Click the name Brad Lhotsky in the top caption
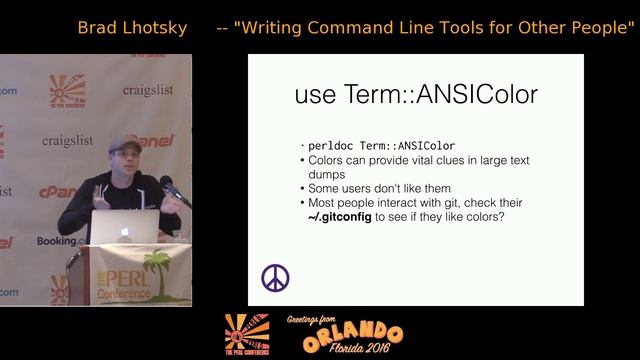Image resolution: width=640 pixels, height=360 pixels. tap(132, 27)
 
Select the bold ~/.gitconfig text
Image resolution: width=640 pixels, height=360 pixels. tap(343, 216)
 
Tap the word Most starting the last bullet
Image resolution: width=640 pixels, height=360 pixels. tap(324, 202)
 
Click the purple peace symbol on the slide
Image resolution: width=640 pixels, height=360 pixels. tap(275, 278)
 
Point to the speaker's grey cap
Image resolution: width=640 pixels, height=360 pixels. tap(124, 143)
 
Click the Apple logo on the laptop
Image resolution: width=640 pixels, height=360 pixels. tap(124, 232)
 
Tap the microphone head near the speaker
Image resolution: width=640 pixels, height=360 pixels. tap(166, 183)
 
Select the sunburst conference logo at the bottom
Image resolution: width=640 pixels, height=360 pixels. tap(246, 333)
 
